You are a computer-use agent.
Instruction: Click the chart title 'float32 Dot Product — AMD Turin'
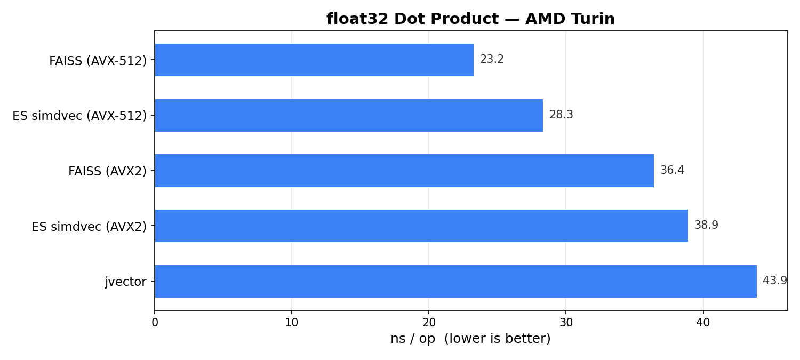pos(470,19)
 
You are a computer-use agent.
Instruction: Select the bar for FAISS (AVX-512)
pos(314,60)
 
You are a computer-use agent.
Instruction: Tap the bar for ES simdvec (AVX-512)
pos(349,115)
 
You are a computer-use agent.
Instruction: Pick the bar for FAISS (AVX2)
pos(404,171)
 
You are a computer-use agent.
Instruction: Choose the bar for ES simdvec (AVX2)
pos(421,226)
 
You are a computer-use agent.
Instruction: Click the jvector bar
pos(455,281)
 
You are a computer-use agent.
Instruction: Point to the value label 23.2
pos(492,60)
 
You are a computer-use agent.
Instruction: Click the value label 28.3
pos(561,115)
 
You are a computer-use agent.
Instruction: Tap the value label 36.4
pos(672,171)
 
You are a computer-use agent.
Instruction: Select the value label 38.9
pos(706,226)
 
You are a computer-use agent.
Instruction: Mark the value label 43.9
pos(774,281)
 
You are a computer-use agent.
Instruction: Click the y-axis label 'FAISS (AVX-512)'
pos(98,61)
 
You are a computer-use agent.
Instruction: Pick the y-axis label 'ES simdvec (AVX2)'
pos(89,227)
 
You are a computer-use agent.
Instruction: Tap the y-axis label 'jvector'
pos(125,282)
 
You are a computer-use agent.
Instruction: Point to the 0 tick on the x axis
pos(155,323)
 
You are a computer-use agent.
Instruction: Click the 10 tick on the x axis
pos(292,323)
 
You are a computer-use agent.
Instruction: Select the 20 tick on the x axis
pos(429,323)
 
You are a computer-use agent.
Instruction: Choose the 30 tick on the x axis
pos(566,323)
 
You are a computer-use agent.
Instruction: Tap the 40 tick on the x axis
pos(703,323)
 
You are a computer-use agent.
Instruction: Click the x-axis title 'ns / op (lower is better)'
pos(470,339)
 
